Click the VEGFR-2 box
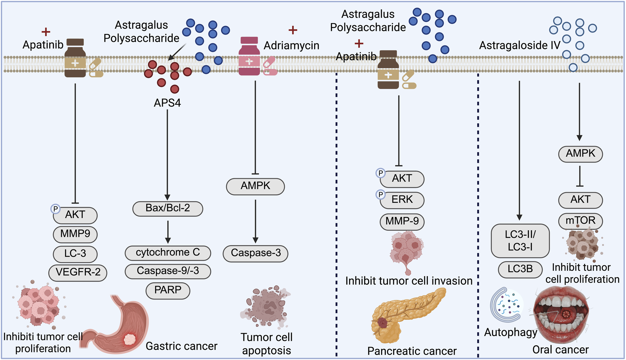click(x=78, y=272)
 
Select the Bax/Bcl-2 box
click(x=168, y=208)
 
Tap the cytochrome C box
click(x=168, y=253)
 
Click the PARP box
click(x=168, y=290)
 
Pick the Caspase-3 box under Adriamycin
click(x=255, y=253)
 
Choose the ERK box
click(x=402, y=200)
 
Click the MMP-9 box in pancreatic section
click(x=402, y=222)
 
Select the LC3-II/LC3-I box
click(x=520, y=241)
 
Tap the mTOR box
click(x=580, y=221)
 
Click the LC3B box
click(x=520, y=269)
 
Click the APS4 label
click(x=167, y=103)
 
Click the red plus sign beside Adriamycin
click(x=293, y=30)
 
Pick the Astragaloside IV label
click(x=519, y=46)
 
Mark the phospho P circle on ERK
click(x=380, y=195)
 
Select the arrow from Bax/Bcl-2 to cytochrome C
click(x=168, y=231)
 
